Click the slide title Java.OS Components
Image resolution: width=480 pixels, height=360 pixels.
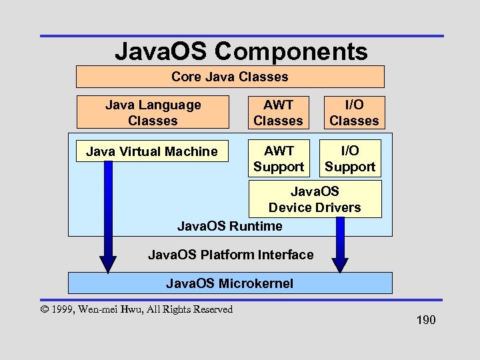pos(241,51)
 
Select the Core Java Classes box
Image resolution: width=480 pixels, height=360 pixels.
pos(230,77)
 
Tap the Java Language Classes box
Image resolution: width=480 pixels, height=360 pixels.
pos(153,113)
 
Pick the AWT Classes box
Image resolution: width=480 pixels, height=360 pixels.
pos(278,113)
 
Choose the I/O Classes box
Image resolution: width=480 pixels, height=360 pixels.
pos(354,113)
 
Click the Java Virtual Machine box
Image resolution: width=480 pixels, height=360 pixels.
pos(152,151)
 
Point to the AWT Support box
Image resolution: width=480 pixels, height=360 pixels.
pos(278,159)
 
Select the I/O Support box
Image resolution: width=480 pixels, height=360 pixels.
pos(350,159)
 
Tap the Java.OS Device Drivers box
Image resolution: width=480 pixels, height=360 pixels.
pos(315,199)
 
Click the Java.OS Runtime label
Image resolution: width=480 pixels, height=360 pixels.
pos(230,226)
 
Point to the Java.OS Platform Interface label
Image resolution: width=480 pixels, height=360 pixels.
pos(230,255)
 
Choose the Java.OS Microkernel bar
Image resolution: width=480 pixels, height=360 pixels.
pos(230,283)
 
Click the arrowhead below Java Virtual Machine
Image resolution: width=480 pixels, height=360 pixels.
pos(107,263)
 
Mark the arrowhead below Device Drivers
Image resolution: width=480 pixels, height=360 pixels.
pos(340,263)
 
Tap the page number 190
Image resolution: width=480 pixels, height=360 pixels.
pos(425,321)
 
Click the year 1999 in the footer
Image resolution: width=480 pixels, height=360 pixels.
pos(64,309)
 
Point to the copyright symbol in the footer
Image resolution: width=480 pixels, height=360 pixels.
pos(45,309)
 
